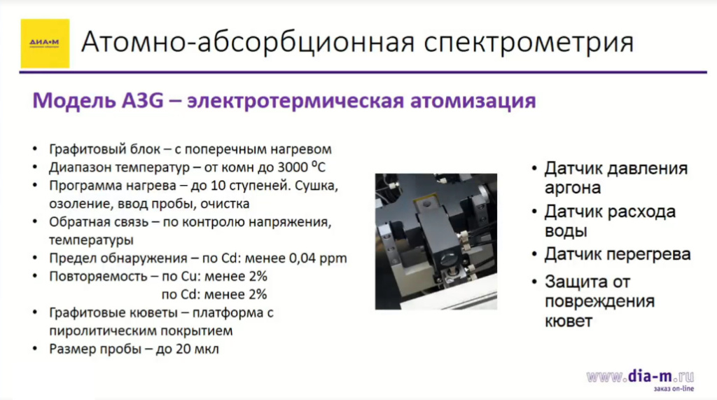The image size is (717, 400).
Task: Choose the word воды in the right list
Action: pos(566,231)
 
